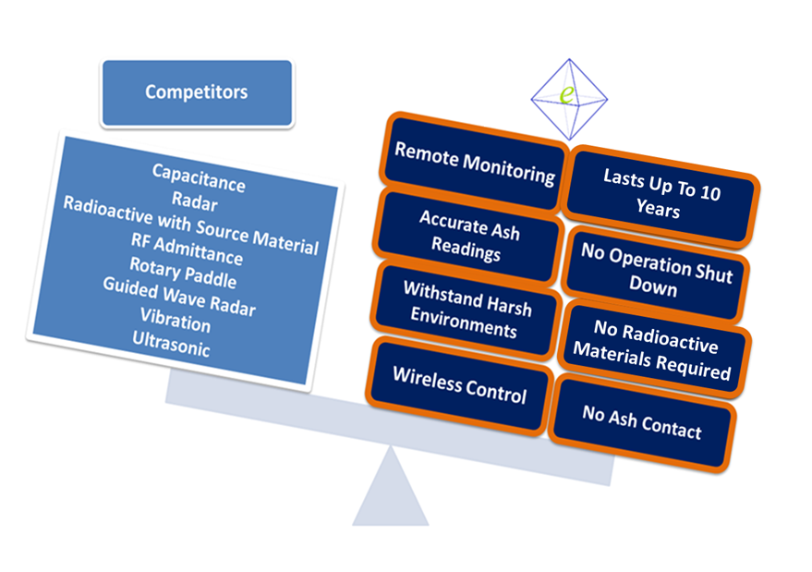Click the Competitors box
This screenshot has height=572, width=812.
tap(197, 92)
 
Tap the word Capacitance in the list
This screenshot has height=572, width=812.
tap(200, 178)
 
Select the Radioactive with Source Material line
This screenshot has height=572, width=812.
tap(190, 225)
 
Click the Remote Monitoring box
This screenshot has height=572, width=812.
tap(475, 163)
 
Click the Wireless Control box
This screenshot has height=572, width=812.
tap(459, 385)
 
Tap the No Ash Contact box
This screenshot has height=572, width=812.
tap(642, 421)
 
